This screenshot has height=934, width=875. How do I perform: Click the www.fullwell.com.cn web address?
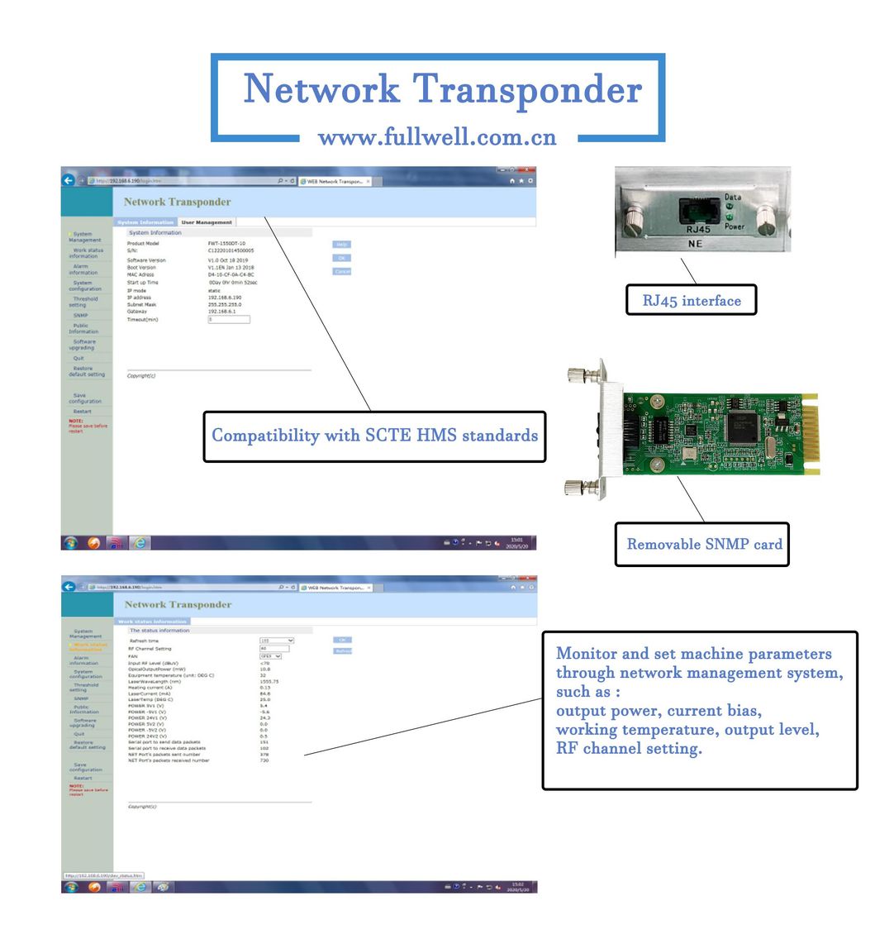click(437, 136)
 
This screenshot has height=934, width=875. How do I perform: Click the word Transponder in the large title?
click(526, 89)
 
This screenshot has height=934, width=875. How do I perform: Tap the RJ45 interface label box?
click(692, 301)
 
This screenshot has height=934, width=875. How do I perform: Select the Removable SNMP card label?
click(704, 544)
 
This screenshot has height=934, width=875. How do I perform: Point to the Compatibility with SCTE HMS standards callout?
click(374, 436)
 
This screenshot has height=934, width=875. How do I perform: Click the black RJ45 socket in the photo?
click(697, 211)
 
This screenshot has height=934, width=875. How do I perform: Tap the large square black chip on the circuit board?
click(742, 426)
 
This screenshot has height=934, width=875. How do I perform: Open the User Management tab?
click(207, 222)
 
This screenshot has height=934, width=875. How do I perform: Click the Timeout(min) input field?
click(229, 319)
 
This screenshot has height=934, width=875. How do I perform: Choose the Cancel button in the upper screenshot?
click(342, 272)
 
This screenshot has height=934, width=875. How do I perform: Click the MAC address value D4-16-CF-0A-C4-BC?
click(231, 274)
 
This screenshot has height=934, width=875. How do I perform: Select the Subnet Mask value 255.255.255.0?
click(225, 304)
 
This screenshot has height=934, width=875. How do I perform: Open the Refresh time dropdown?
click(277, 641)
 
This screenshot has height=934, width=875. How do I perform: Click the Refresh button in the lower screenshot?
click(343, 651)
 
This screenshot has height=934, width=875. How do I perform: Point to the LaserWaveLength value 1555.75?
click(269, 682)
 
